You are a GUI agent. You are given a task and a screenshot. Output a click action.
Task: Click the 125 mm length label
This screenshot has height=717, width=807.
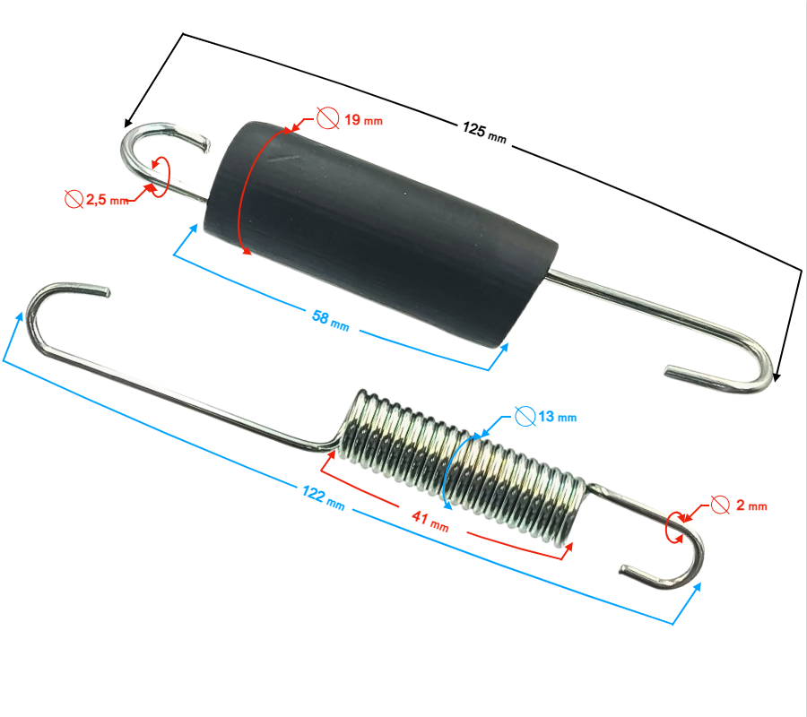(x=484, y=133)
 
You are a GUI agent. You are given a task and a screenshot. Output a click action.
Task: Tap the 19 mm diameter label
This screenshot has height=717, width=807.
(x=363, y=120)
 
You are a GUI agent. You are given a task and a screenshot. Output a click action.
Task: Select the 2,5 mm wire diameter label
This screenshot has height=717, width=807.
(x=107, y=200)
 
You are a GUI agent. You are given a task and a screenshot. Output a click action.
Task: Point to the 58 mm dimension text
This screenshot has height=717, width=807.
(x=330, y=320)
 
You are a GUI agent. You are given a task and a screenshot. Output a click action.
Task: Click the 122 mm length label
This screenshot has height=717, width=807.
(x=323, y=497)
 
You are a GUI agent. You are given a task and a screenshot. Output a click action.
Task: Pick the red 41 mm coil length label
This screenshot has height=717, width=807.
(x=430, y=521)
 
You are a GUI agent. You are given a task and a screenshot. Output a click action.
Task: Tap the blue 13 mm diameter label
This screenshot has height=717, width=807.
(x=558, y=416)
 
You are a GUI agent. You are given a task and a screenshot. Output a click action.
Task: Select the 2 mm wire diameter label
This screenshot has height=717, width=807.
(x=751, y=505)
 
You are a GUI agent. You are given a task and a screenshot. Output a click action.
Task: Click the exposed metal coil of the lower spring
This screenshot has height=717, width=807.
(x=464, y=465)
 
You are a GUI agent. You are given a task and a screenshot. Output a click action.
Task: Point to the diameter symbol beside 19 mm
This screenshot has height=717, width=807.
(x=328, y=117)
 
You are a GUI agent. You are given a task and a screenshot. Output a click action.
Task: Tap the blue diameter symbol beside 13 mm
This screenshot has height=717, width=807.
(x=525, y=416)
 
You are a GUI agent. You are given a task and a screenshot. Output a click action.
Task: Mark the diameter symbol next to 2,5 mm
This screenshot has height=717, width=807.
(x=74, y=199)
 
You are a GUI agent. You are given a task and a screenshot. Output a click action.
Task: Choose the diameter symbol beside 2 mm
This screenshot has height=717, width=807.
(x=720, y=505)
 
